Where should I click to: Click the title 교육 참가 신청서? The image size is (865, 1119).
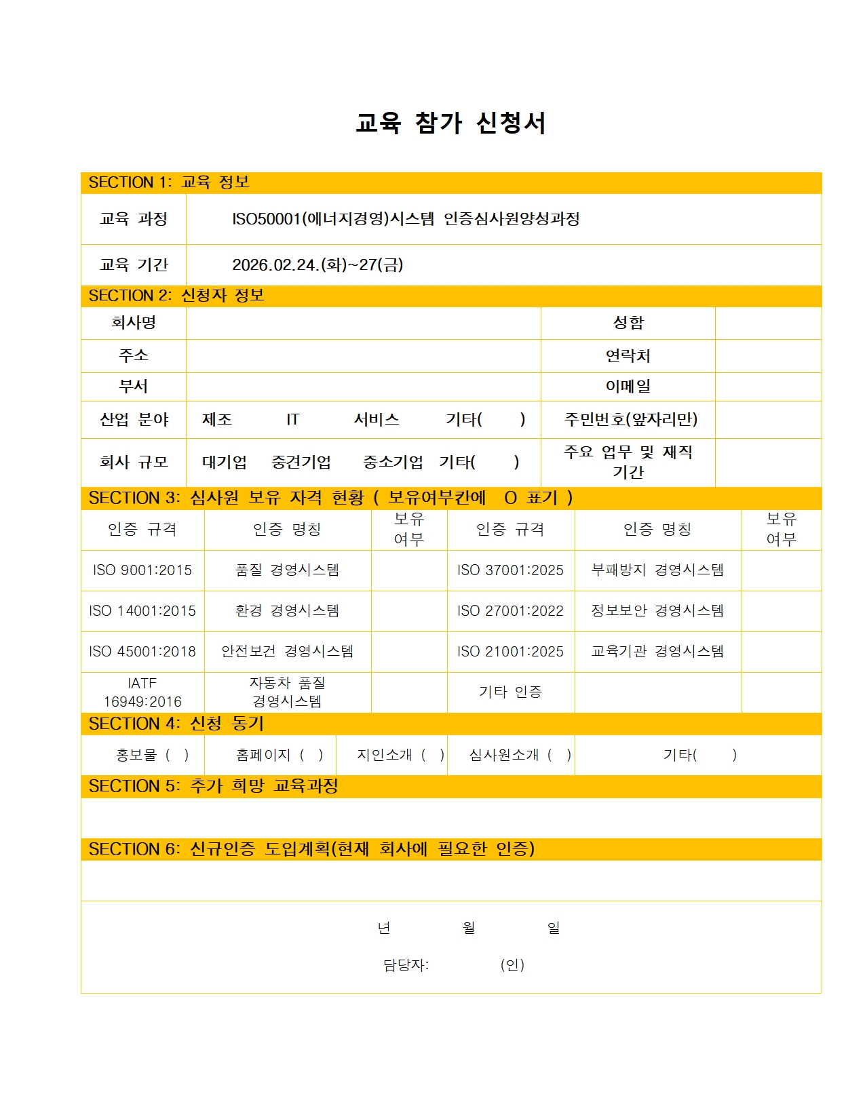pyautogui.click(x=450, y=123)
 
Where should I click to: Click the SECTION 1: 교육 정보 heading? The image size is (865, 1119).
pyautogui.click(x=169, y=182)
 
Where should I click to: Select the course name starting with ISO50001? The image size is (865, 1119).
pyautogui.click(x=406, y=218)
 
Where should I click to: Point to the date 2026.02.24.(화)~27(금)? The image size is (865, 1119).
pyautogui.click(x=318, y=264)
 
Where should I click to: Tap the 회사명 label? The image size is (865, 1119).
pyautogui.click(x=134, y=322)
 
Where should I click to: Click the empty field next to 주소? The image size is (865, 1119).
pyautogui.click(x=363, y=355)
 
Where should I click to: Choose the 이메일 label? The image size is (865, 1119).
pyautogui.click(x=628, y=387)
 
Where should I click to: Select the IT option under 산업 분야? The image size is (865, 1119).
pyautogui.click(x=292, y=420)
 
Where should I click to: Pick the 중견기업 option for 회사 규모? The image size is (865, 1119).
pyautogui.click(x=301, y=463)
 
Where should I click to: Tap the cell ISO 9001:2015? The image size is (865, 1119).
pyautogui.click(x=142, y=570)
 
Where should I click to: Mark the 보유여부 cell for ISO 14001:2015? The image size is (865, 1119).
pyautogui.click(x=408, y=611)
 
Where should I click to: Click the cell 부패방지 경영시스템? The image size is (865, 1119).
pyautogui.click(x=657, y=570)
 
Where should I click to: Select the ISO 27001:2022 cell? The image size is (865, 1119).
pyautogui.click(x=510, y=611)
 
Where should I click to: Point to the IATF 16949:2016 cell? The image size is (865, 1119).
pyautogui.click(x=142, y=692)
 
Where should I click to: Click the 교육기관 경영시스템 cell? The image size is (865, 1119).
pyautogui.click(x=657, y=652)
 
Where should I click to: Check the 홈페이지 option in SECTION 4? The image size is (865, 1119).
pyautogui.click(x=279, y=755)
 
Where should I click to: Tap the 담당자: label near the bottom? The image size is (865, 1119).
pyautogui.click(x=406, y=965)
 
